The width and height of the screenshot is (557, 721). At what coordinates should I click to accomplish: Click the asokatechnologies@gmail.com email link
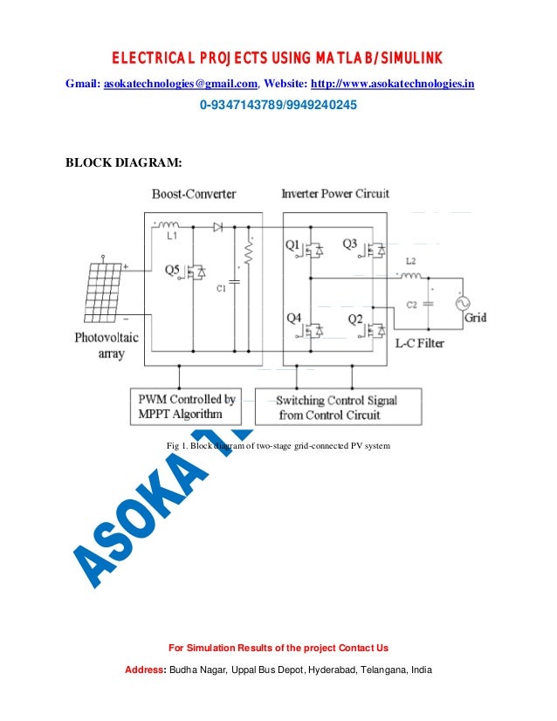[181, 85]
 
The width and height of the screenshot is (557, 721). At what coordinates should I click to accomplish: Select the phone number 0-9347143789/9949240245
[278, 106]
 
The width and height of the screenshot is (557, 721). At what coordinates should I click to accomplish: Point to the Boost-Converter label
[193, 194]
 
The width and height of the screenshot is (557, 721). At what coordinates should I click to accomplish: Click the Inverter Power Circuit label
[335, 193]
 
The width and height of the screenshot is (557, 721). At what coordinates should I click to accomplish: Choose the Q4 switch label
[295, 318]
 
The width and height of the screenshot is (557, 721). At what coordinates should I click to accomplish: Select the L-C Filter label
[420, 343]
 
